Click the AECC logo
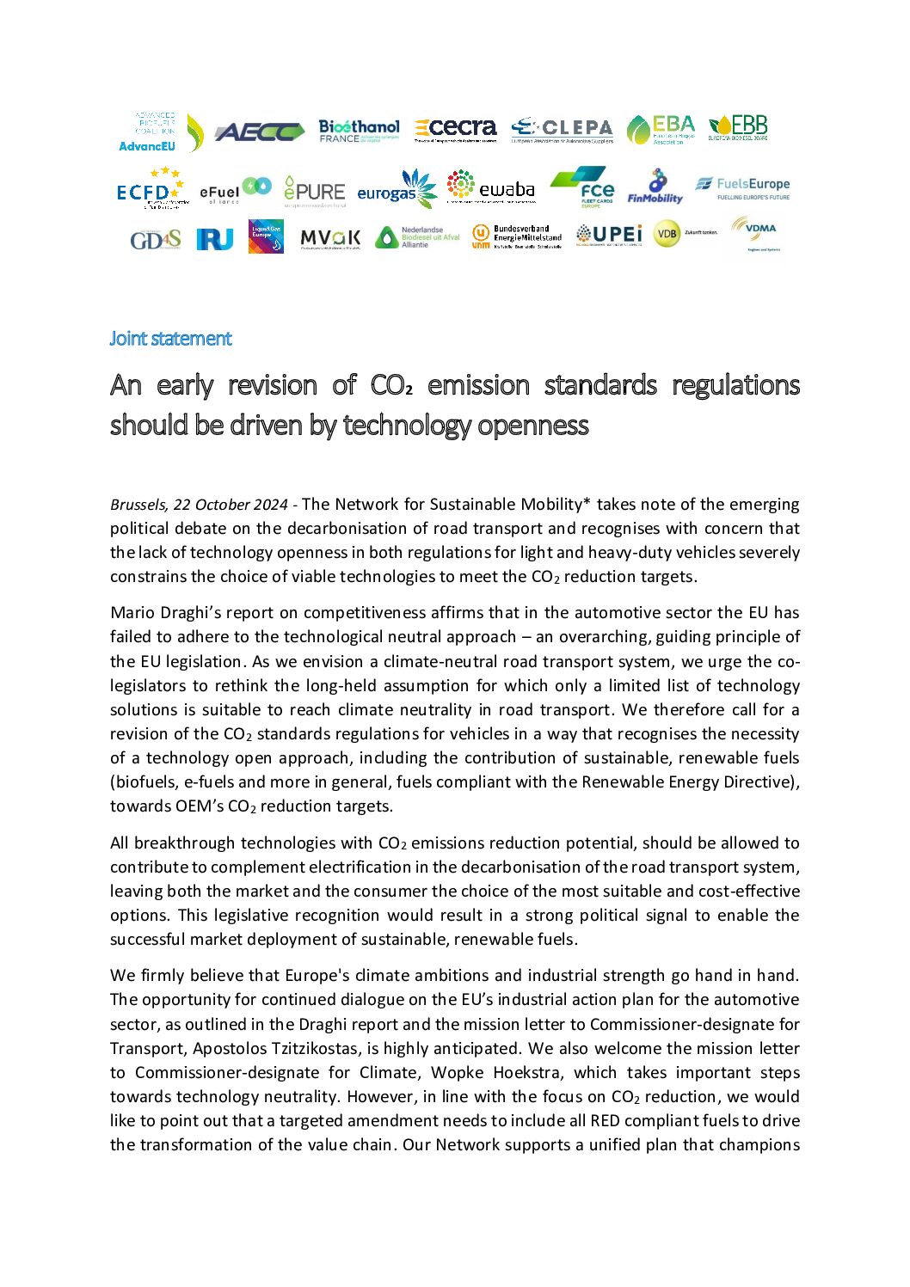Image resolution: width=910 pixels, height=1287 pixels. tap(259, 132)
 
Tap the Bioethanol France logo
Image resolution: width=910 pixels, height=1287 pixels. tap(359, 131)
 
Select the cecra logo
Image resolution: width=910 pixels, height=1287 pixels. tap(456, 129)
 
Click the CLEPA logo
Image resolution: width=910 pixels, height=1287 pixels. tap(562, 130)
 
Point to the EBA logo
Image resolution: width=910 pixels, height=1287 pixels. tap(661, 129)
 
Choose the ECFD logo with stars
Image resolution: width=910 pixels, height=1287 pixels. tap(151, 189)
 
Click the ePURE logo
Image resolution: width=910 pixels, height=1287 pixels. tap(314, 191)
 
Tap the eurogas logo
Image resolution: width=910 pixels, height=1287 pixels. tap(397, 190)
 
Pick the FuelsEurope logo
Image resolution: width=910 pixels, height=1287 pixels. tap(742, 187)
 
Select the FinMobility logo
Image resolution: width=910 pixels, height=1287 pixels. tap(655, 187)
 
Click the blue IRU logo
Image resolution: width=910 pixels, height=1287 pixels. tap(214, 239)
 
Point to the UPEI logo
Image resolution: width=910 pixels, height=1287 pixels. tap(609, 235)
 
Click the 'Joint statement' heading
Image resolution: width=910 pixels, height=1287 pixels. tap(170, 339)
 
